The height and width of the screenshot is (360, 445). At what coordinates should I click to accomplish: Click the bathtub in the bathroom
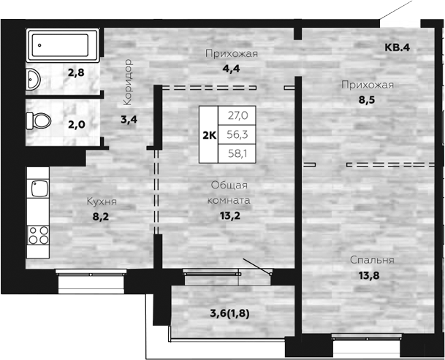click(63, 45)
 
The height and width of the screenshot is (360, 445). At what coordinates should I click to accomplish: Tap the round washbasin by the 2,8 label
click(33, 79)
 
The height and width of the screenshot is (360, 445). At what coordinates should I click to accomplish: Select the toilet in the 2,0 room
click(38, 121)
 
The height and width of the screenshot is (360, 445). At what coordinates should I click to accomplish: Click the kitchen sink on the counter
click(39, 188)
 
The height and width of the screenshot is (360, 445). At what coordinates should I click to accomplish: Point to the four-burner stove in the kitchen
click(38, 235)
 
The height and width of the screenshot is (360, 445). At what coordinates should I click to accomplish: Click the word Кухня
click(102, 202)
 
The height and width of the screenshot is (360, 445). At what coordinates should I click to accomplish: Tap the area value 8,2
click(101, 217)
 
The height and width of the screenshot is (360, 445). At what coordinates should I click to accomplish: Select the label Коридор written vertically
click(128, 82)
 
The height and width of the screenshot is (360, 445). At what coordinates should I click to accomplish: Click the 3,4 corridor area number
click(129, 120)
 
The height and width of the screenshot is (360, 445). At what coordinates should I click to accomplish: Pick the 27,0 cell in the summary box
click(237, 115)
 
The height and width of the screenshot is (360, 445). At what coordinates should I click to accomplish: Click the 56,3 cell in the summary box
click(237, 134)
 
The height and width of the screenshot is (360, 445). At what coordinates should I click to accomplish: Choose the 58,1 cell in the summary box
click(237, 153)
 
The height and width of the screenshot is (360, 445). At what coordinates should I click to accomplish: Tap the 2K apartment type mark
click(209, 136)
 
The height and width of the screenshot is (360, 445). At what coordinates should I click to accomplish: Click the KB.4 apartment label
click(397, 47)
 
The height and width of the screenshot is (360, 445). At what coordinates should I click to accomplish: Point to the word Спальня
click(372, 260)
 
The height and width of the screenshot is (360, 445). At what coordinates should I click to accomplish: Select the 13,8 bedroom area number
click(369, 275)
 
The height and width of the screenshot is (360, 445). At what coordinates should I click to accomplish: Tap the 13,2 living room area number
click(230, 216)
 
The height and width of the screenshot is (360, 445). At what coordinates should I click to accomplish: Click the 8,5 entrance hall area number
click(367, 100)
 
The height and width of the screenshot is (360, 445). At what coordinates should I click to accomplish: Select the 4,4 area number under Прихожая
click(231, 69)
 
